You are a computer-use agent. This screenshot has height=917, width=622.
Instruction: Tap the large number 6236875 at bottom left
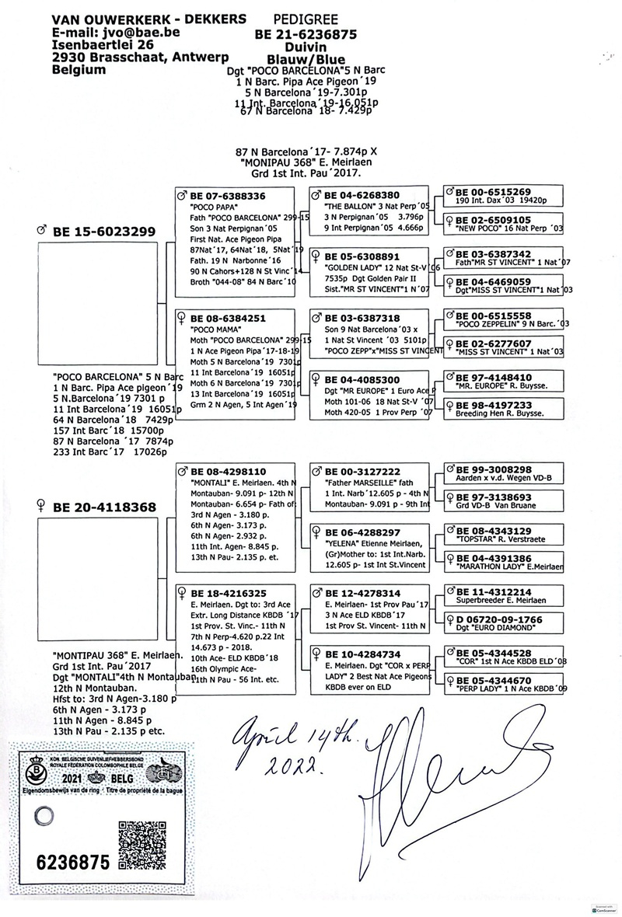pyautogui.click(x=72, y=862)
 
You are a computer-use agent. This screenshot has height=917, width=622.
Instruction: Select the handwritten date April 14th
pyautogui.click(x=289, y=733)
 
